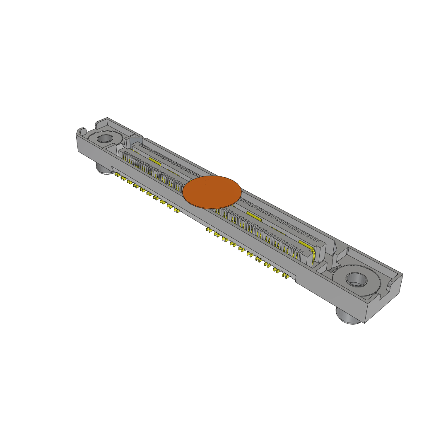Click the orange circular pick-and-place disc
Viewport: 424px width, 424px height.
pyautogui.click(x=212, y=192)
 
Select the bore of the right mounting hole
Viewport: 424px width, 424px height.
pyautogui.click(x=356, y=279)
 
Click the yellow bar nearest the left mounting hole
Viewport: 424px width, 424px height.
pyautogui.click(x=154, y=160)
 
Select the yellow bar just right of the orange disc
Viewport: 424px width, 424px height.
pyautogui.click(x=253, y=215)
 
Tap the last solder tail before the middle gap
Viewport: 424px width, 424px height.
pyautogui.click(x=177, y=211)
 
